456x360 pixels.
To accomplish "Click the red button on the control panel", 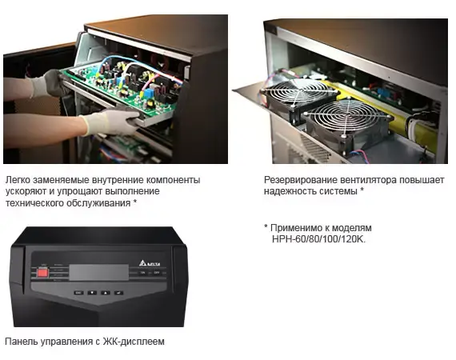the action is pyautogui.click(x=42, y=273).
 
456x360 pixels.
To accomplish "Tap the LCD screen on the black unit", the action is pyautogui.click(x=99, y=273).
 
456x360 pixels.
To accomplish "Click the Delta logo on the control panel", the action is pyautogui.click(x=150, y=263).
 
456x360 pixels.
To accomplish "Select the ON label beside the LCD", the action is pyautogui.click(x=142, y=273).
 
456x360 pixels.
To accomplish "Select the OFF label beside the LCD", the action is pyautogui.click(x=157, y=273).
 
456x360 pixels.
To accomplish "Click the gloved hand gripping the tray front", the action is pyautogui.click(x=110, y=121).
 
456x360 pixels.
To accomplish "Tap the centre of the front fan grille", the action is pyautogui.click(x=347, y=116).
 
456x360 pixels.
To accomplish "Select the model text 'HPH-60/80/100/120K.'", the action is pyautogui.click(x=318, y=239).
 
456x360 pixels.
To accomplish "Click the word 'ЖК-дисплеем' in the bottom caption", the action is pyautogui.click(x=134, y=342).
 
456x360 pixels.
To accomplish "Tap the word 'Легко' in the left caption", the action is pyautogui.click(x=18, y=180).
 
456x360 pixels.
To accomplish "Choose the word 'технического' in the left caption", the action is pyautogui.click(x=34, y=203).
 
